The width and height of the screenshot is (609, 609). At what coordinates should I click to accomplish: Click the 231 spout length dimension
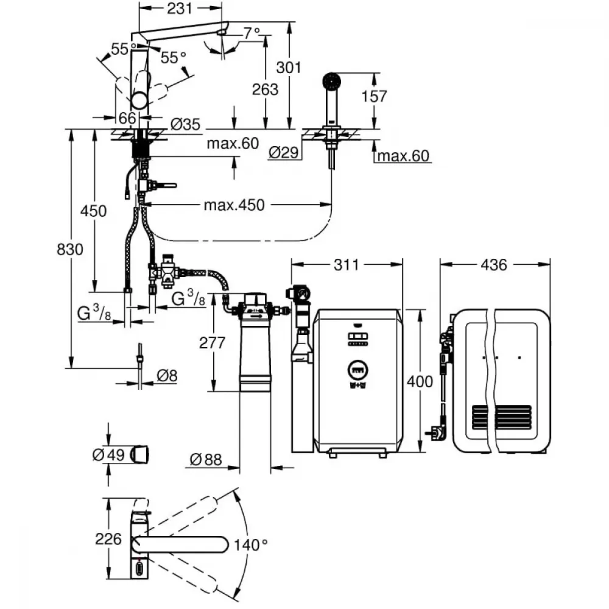180,8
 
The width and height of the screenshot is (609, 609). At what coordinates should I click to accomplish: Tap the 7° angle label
252,33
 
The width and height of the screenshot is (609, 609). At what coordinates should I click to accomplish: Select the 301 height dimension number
289,68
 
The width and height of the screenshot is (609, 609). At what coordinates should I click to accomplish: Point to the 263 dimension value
266,90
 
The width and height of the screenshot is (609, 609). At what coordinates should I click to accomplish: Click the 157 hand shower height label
375,96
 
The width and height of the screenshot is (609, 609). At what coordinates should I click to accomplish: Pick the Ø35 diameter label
185,124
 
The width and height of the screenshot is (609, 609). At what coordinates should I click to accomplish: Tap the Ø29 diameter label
284,153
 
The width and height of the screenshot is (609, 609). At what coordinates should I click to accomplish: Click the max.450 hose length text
234,205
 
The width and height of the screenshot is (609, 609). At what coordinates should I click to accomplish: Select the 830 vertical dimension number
70,249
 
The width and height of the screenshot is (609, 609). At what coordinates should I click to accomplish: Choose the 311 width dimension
347,265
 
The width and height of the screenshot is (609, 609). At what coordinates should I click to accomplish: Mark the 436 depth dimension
494,265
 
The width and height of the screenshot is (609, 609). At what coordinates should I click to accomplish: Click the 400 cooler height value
420,381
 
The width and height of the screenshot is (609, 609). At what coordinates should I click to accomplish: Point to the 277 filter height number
212,343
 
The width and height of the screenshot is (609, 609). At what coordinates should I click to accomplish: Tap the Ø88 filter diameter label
206,460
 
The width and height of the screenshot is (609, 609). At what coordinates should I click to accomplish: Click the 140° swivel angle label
251,545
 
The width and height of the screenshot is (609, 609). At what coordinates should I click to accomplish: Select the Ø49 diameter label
109,455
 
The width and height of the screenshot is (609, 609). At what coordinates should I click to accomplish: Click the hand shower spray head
332,81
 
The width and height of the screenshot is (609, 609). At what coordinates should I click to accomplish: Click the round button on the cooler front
357,370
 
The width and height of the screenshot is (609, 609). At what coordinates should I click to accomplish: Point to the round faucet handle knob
139,101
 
